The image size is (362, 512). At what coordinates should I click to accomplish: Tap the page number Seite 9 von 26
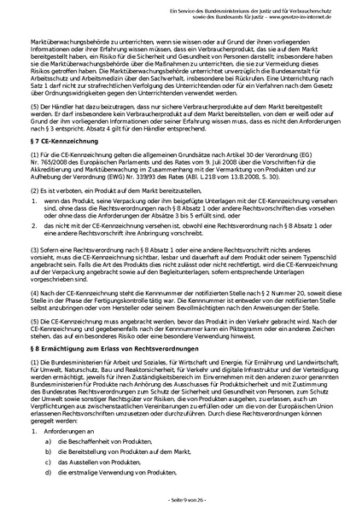click(x=181, y=498)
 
